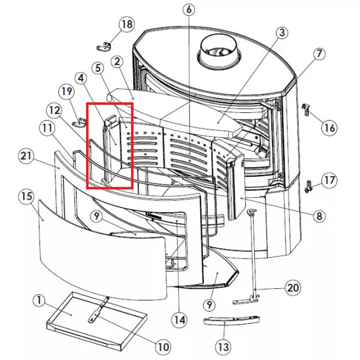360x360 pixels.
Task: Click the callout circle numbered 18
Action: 127,24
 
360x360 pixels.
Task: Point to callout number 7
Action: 317,53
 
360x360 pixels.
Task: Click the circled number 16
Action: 329,128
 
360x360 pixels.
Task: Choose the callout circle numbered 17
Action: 330,180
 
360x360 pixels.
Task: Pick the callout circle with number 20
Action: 293,288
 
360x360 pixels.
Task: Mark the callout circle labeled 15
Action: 26,196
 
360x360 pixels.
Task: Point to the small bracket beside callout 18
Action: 105,47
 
